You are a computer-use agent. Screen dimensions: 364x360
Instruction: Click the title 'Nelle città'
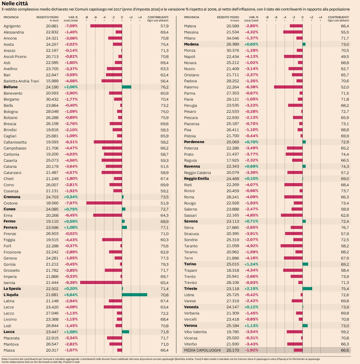14,4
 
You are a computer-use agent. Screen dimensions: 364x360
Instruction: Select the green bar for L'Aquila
135,295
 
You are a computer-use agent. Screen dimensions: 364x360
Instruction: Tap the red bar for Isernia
101,282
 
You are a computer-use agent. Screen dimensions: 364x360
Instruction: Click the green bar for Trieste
307,288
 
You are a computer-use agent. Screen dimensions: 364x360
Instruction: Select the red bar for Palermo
288,87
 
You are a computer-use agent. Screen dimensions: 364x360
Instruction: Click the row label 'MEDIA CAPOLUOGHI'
202,350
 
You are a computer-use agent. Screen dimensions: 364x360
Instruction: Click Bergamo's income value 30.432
52,99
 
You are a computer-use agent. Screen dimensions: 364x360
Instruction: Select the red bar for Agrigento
106,26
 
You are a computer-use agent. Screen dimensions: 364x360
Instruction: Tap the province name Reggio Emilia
196,178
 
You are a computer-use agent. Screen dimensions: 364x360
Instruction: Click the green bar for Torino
305,264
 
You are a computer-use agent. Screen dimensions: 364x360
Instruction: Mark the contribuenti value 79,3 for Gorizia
164,264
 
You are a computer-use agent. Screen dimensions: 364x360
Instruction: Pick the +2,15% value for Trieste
251,288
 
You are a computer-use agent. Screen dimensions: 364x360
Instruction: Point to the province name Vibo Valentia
195,332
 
